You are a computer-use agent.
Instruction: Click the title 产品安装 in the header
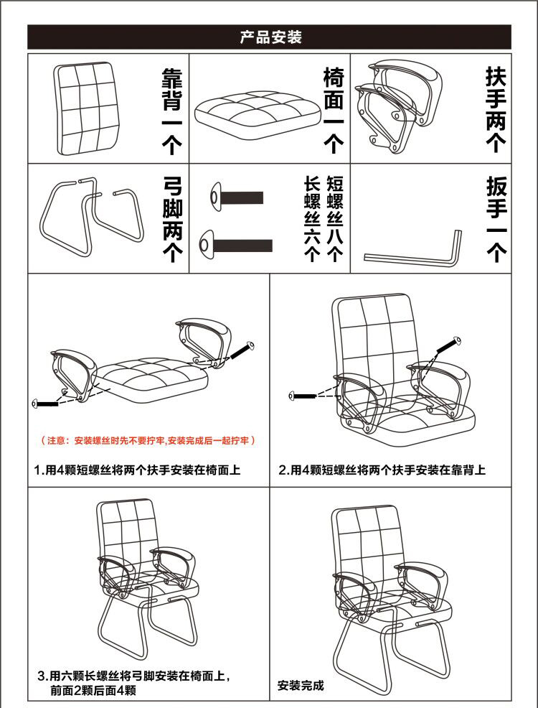(270, 37)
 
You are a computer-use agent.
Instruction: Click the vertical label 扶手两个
(496, 109)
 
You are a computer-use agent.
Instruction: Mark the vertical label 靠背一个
(171, 109)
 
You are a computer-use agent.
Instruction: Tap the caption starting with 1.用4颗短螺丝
(138, 470)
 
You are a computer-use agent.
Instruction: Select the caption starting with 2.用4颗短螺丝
(382, 470)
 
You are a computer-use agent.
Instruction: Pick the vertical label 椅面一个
(334, 109)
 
